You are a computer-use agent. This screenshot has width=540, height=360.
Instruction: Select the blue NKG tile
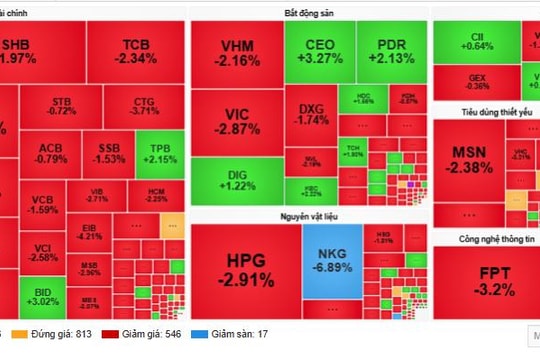click(x=330, y=264)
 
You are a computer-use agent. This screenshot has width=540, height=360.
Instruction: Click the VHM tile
click(x=237, y=53)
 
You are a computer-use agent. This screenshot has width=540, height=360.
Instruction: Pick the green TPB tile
click(x=161, y=153)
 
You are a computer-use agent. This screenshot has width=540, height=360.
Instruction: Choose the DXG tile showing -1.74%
click(x=313, y=113)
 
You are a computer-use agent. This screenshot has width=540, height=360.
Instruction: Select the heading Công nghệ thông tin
click(x=486, y=238)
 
